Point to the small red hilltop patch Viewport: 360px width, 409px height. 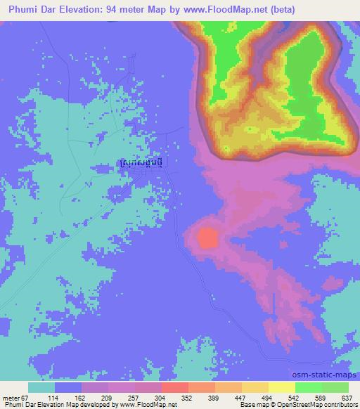207,238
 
